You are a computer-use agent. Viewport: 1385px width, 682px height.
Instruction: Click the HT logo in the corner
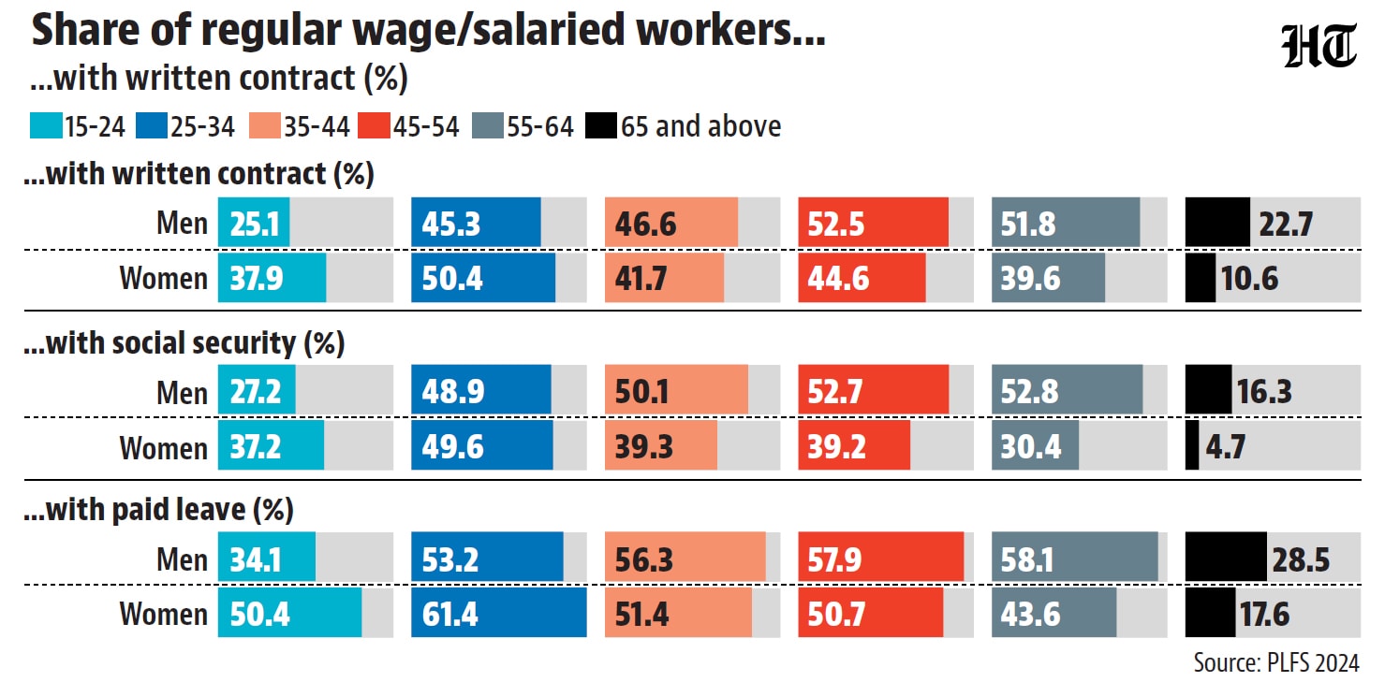[x=1319, y=46]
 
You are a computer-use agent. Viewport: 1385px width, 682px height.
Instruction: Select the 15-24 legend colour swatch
[x=46, y=125]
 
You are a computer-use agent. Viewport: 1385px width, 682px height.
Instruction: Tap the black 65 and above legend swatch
[x=600, y=125]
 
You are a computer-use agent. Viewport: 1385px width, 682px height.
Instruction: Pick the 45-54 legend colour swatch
[x=374, y=125]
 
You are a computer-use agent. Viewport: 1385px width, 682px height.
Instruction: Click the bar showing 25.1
[x=254, y=223]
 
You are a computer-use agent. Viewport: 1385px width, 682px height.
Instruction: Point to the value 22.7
[x=1286, y=224]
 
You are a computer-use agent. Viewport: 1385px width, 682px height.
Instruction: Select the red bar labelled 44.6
[x=862, y=278]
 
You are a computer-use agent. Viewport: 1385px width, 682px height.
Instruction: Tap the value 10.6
[x=1249, y=279]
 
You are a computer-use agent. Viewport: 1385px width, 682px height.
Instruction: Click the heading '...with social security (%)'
[x=184, y=343]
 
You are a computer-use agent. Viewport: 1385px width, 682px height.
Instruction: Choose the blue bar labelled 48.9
[x=481, y=389]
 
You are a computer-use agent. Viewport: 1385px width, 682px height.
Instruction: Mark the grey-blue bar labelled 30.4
[x=1035, y=445]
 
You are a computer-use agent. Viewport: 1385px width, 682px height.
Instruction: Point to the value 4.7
[x=1226, y=446]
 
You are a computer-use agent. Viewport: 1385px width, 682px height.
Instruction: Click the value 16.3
[x=1264, y=392]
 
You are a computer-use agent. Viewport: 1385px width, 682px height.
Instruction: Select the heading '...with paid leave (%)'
[x=158, y=510]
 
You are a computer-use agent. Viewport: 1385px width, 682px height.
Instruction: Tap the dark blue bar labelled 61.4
[x=499, y=612]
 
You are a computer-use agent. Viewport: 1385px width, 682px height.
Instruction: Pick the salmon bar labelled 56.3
[x=685, y=557]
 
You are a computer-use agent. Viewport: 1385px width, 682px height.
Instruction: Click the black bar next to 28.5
[x=1226, y=557]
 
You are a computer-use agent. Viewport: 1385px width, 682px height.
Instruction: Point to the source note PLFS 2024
[x=1276, y=663]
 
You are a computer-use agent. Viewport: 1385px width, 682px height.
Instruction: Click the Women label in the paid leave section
[x=163, y=614]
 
